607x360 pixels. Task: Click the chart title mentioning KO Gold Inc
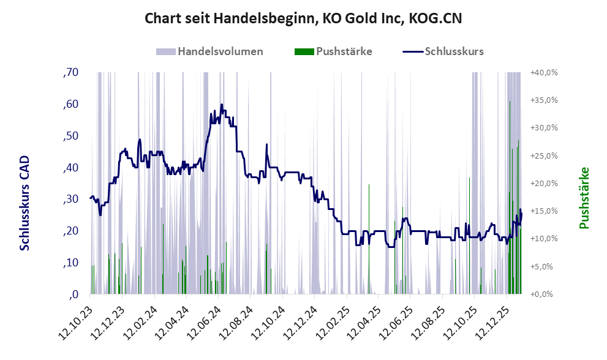pyautogui.click(x=303, y=18)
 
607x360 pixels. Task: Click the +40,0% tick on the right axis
pyautogui.click(x=543, y=73)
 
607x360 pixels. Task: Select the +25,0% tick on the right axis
pyautogui.click(x=543, y=156)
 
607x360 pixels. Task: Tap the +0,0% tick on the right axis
pyautogui.click(x=543, y=294)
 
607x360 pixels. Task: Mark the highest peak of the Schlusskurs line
pyautogui.click(x=221, y=105)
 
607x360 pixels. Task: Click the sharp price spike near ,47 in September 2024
pyautogui.click(x=266, y=145)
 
